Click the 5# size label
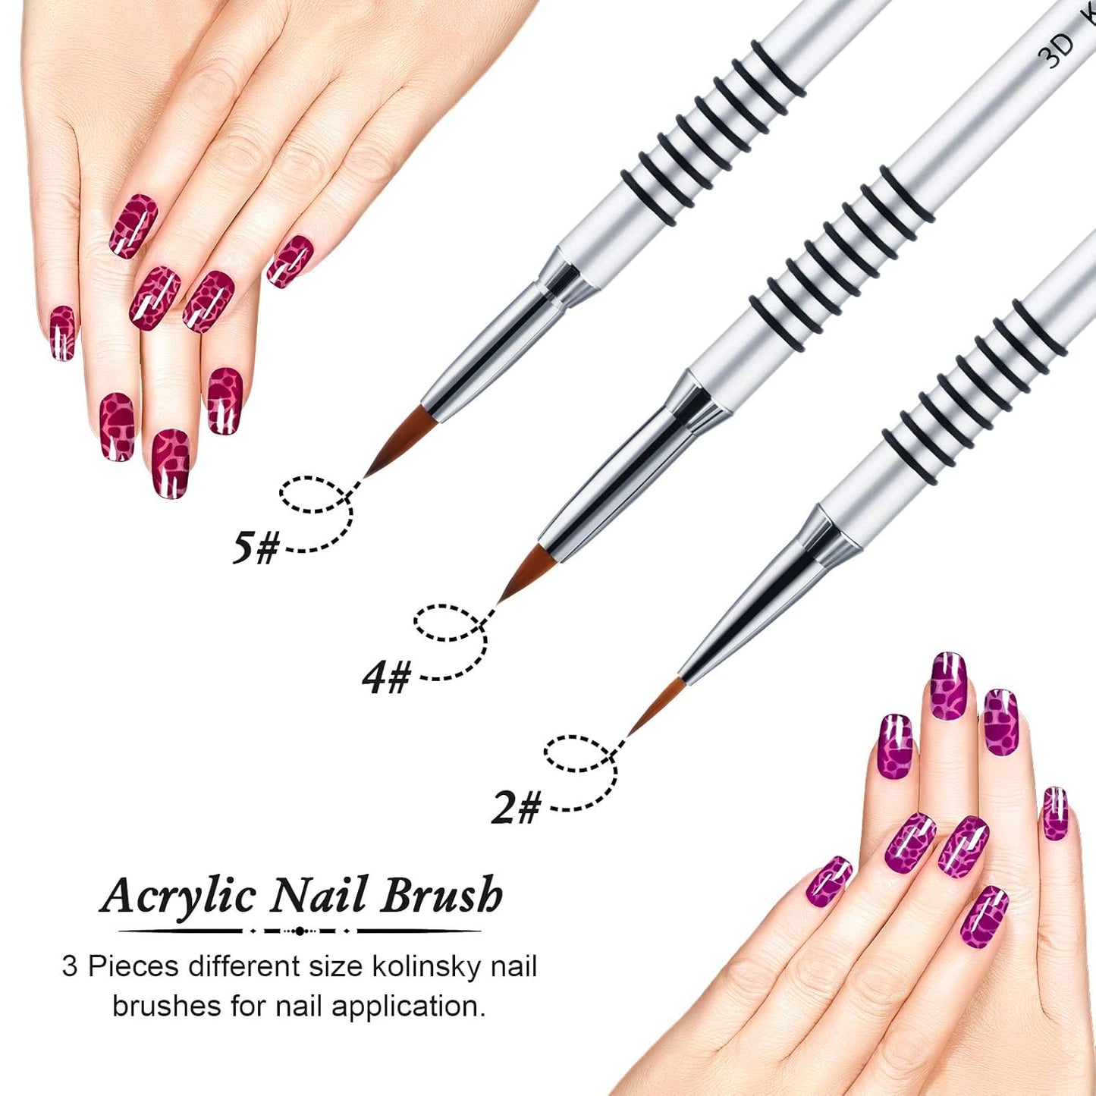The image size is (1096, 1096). (256, 547)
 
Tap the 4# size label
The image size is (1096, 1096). (387, 677)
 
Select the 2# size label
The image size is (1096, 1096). (517, 807)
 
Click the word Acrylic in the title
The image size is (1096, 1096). (179, 896)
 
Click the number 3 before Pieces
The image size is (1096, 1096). (70, 967)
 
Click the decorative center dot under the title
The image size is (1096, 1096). (300, 931)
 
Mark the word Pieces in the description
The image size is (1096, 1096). (133, 967)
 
